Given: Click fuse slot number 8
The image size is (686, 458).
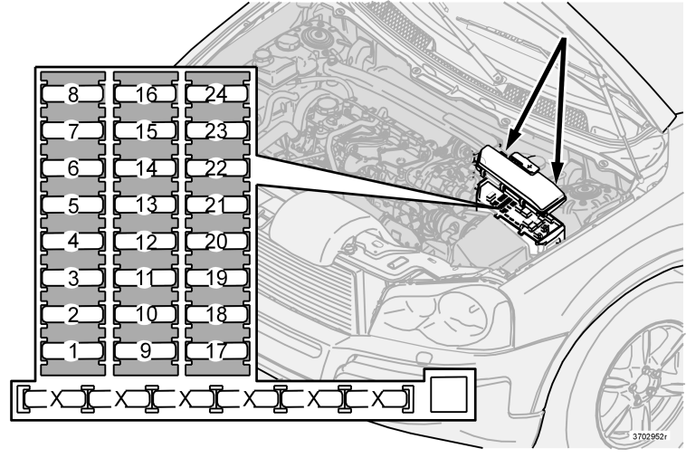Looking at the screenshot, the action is coord(73,94).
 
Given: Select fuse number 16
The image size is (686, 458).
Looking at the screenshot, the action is coord(146,94).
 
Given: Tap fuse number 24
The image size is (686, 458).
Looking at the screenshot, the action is coord(217,94).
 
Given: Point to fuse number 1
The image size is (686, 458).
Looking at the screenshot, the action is coord(73,350).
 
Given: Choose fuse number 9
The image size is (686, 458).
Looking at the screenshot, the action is coord(146,350).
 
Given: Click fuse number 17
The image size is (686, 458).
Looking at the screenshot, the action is coord(217,350).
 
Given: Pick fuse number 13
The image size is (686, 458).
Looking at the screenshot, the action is coord(146,205).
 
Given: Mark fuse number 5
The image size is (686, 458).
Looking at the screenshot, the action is coord(73,205).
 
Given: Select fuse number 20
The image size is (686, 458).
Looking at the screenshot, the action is coord(217,241).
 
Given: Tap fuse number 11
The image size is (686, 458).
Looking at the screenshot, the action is coord(146,278).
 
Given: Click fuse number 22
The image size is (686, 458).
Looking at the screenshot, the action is coord(217,167).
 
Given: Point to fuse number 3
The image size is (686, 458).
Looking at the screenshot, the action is coord(73,278).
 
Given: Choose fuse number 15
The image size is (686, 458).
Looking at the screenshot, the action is coord(146,131).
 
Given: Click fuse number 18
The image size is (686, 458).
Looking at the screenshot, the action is coord(217,314).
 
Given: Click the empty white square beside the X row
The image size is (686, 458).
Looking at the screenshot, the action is coord(449,395).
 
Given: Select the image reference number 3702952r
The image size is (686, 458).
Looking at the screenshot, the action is coord(650,436).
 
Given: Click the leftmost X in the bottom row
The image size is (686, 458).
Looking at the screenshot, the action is coord(56,398).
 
